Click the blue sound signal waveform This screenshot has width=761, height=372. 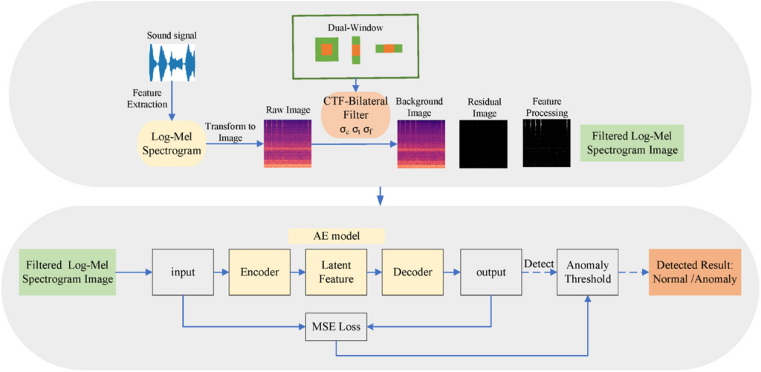pos(172,62)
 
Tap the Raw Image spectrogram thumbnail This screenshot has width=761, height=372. pos(288,143)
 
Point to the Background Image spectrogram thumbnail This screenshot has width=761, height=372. pos(421,143)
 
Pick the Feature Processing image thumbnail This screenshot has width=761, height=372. pos(546,143)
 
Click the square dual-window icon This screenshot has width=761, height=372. pos(327,49)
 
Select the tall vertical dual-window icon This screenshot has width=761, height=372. pos(357,50)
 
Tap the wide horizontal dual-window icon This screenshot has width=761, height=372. pos(389,48)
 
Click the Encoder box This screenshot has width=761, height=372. pos(259,272)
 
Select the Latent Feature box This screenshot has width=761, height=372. pos(337,272)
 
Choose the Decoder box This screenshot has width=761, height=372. pos(412,272)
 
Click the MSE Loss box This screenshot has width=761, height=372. pos(336,327)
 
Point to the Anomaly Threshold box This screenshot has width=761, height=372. pos(588,272)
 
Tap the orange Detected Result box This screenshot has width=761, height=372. pos(695,272)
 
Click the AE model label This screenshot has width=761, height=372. pos(337,236)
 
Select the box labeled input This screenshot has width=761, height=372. pos(183,272)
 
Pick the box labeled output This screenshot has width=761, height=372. pos(490,272)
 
